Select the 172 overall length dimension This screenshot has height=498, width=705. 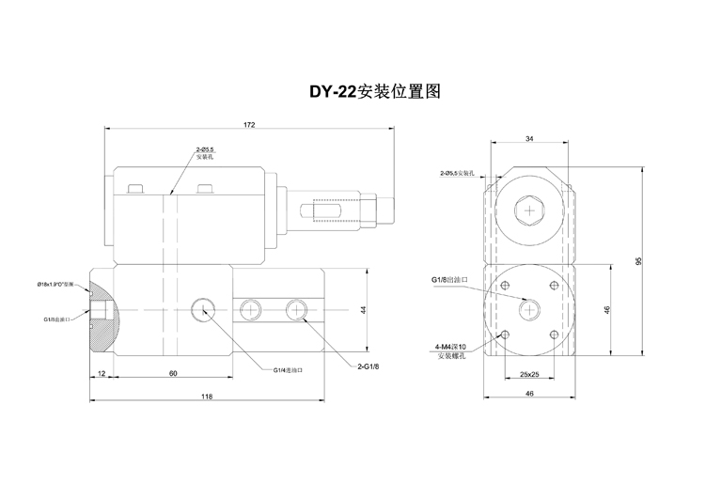(249, 124)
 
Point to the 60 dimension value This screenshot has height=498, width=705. (172, 373)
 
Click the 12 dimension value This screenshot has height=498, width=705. (101, 373)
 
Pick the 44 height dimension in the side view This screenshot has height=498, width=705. (361, 309)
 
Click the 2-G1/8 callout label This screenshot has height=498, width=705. (368, 366)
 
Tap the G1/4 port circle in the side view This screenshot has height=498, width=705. (201, 309)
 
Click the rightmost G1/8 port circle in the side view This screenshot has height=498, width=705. (298, 309)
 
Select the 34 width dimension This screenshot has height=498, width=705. (530, 138)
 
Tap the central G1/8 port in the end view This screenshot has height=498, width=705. (530, 309)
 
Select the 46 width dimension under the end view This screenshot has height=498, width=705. (530, 396)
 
